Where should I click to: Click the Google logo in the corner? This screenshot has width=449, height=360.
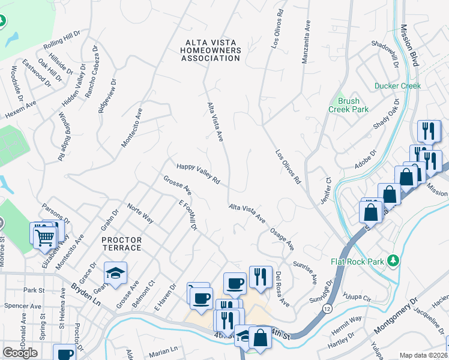click(x=20, y=353)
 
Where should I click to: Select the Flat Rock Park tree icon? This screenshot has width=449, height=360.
click(x=393, y=260)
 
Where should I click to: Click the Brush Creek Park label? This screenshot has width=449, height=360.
click(x=348, y=106)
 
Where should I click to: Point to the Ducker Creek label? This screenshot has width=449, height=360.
click(x=397, y=86)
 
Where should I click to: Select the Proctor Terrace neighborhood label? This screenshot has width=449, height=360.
click(x=121, y=244)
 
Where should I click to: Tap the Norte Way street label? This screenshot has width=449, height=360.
click(x=140, y=213)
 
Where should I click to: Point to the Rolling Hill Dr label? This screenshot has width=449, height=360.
click(x=62, y=38)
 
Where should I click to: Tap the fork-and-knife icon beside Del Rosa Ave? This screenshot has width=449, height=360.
click(x=260, y=276)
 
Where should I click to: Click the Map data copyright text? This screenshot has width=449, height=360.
click(x=423, y=355)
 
